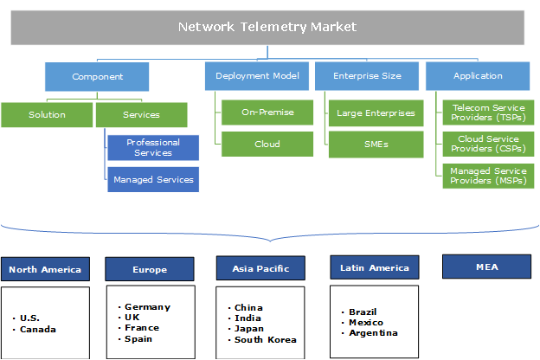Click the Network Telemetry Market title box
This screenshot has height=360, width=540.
tap(267, 27)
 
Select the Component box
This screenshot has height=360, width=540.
tap(97, 76)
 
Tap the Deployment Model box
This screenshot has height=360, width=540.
tap(257, 76)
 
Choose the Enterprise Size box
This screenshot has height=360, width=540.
tap(367, 76)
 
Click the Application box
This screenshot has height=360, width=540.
tap(478, 76)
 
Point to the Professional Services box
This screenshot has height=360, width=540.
tap(153, 147)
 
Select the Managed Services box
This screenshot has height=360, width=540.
tap(153, 180)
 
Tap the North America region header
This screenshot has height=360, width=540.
tap(45, 269)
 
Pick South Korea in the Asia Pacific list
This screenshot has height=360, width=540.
tap(265, 339)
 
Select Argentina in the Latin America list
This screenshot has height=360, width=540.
tap(373, 332)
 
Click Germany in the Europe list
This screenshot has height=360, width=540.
tap(147, 307)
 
